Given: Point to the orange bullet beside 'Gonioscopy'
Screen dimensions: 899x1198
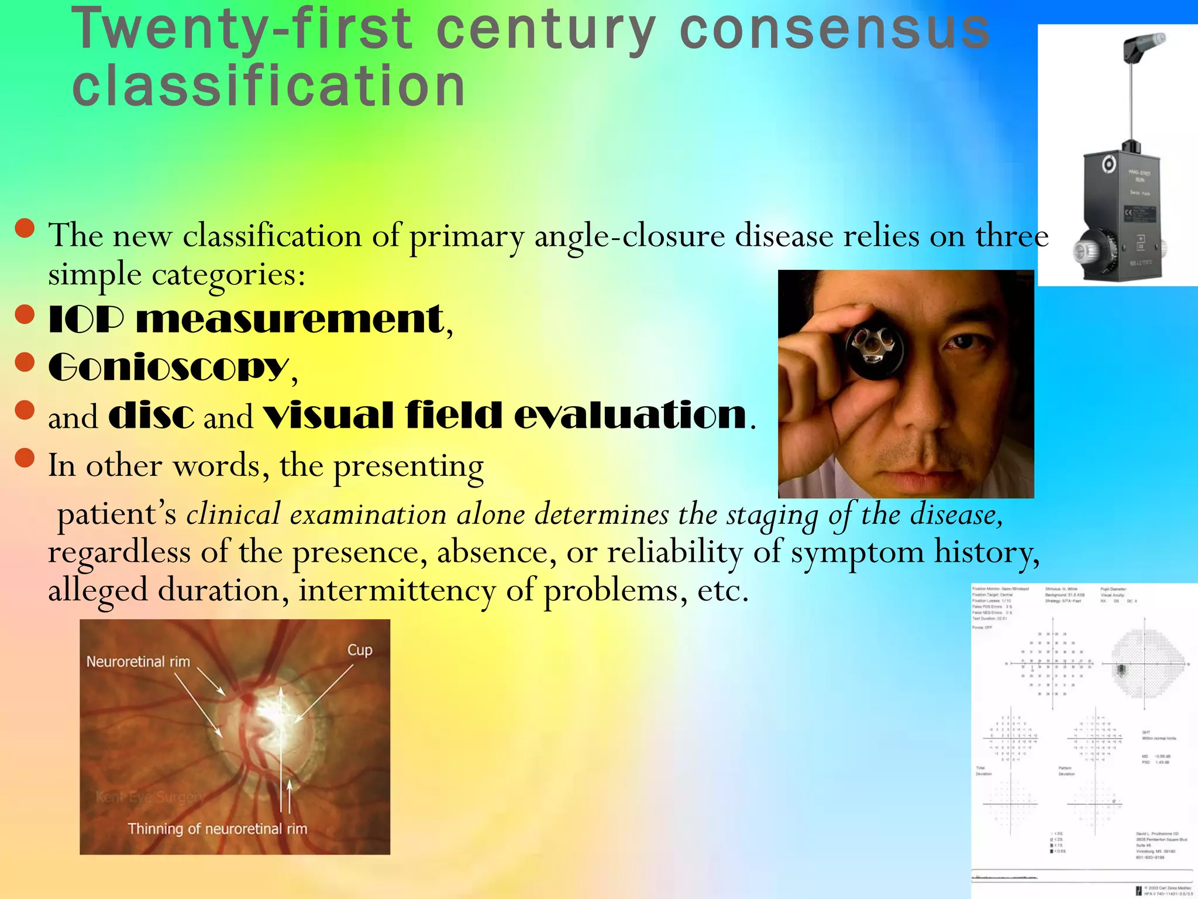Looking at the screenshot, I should coord(25,362).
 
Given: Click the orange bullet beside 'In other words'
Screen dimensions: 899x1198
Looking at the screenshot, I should coord(25,458).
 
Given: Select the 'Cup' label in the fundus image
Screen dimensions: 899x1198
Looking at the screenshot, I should coord(359,650).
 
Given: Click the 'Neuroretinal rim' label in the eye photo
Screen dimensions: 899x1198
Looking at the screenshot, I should coord(138,662).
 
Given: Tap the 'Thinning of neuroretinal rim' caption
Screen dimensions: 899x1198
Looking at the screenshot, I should coord(217,829).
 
